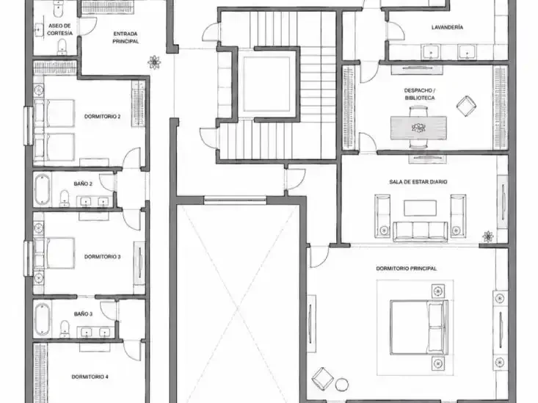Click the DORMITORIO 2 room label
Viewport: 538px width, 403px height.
coord(102,117)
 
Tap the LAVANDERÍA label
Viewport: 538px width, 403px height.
coord(447,27)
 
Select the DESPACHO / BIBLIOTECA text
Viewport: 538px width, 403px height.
coord(420,94)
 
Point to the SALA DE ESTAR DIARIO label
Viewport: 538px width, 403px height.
coord(418,182)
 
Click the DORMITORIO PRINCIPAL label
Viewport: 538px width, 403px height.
coord(406,269)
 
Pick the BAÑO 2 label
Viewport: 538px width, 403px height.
coord(83,184)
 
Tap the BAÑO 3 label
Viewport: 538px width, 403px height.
coord(83,313)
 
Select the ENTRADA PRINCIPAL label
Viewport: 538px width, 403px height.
coord(126,37)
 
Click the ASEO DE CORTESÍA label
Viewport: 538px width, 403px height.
coord(59,29)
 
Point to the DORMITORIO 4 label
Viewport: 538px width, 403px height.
coord(90,377)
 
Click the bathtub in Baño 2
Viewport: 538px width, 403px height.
coord(43,189)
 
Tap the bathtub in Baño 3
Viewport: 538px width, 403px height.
coord(43,319)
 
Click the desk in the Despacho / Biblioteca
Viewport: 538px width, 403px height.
coord(418,128)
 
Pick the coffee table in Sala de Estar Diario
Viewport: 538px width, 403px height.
coord(420,208)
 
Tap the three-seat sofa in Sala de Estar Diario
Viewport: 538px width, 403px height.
coord(420,230)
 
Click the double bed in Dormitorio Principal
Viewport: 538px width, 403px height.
coord(419,327)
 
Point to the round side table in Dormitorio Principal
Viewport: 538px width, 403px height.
coord(342,385)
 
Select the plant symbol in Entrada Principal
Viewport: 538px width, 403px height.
coord(154,62)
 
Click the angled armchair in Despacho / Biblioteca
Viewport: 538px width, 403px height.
coord(466,106)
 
